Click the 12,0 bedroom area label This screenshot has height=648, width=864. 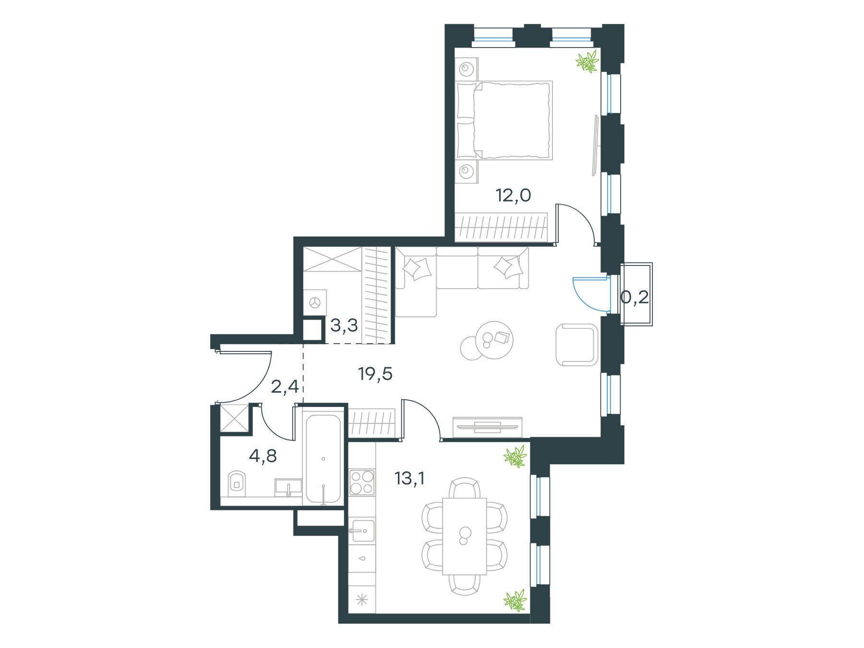click(514, 196)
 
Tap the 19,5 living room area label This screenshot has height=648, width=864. click(375, 373)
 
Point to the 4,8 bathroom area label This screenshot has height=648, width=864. click(263, 456)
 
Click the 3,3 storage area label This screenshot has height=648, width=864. click(344, 326)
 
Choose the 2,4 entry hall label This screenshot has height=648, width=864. click(285, 386)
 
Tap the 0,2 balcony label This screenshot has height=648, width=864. click(635, 298)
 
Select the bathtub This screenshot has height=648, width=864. click(324, 458)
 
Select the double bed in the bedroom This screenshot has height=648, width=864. click(504, 120)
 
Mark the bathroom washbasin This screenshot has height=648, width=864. click(288, 487)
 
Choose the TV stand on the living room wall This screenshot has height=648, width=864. click(487, 425)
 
